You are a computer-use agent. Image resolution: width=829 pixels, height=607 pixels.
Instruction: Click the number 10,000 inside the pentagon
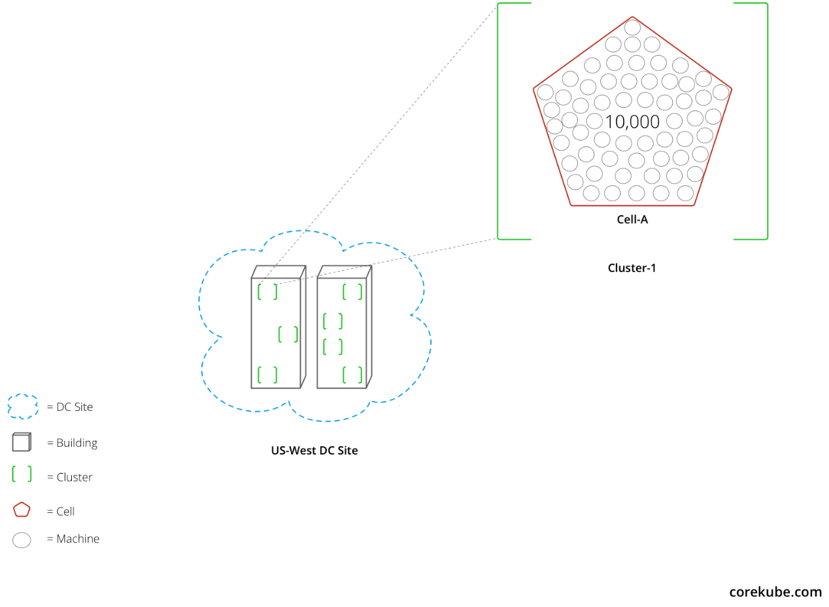[632, 122]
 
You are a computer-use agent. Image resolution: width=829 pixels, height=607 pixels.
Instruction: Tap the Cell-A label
[632, 220]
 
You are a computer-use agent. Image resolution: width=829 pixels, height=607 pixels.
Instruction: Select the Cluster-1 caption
[632, 268]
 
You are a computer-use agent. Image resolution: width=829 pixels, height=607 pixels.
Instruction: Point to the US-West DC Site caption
[314, 451]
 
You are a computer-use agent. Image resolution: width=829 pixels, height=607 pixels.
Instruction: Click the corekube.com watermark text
[775, 592]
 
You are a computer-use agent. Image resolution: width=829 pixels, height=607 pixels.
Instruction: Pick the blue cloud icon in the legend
[22, 406]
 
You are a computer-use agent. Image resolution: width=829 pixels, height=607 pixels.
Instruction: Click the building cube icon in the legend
[22, 442]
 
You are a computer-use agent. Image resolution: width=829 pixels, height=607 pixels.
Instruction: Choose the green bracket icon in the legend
[22, 474]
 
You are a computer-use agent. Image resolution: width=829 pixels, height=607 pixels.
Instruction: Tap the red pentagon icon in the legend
[22, 510]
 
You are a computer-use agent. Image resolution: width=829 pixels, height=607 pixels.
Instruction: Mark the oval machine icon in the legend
[22, 540]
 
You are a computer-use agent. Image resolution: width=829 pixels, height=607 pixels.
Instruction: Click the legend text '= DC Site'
[70, 407]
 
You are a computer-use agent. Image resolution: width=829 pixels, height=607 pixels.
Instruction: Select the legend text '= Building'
[72, 443]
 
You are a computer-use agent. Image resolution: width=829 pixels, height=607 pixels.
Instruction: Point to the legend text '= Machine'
[73, 539]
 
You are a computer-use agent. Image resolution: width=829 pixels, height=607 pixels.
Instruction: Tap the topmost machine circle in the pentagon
[632, 27]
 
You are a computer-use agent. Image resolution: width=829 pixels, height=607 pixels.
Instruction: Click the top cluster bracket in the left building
[267, 292]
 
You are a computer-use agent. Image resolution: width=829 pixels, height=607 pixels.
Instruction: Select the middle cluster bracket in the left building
[288, 334]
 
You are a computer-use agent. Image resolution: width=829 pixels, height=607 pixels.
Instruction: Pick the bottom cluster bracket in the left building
[267, 375]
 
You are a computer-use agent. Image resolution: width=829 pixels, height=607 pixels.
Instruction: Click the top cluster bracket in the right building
[352, 292]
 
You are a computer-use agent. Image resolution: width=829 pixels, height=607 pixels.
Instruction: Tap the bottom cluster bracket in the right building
[352, 375]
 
